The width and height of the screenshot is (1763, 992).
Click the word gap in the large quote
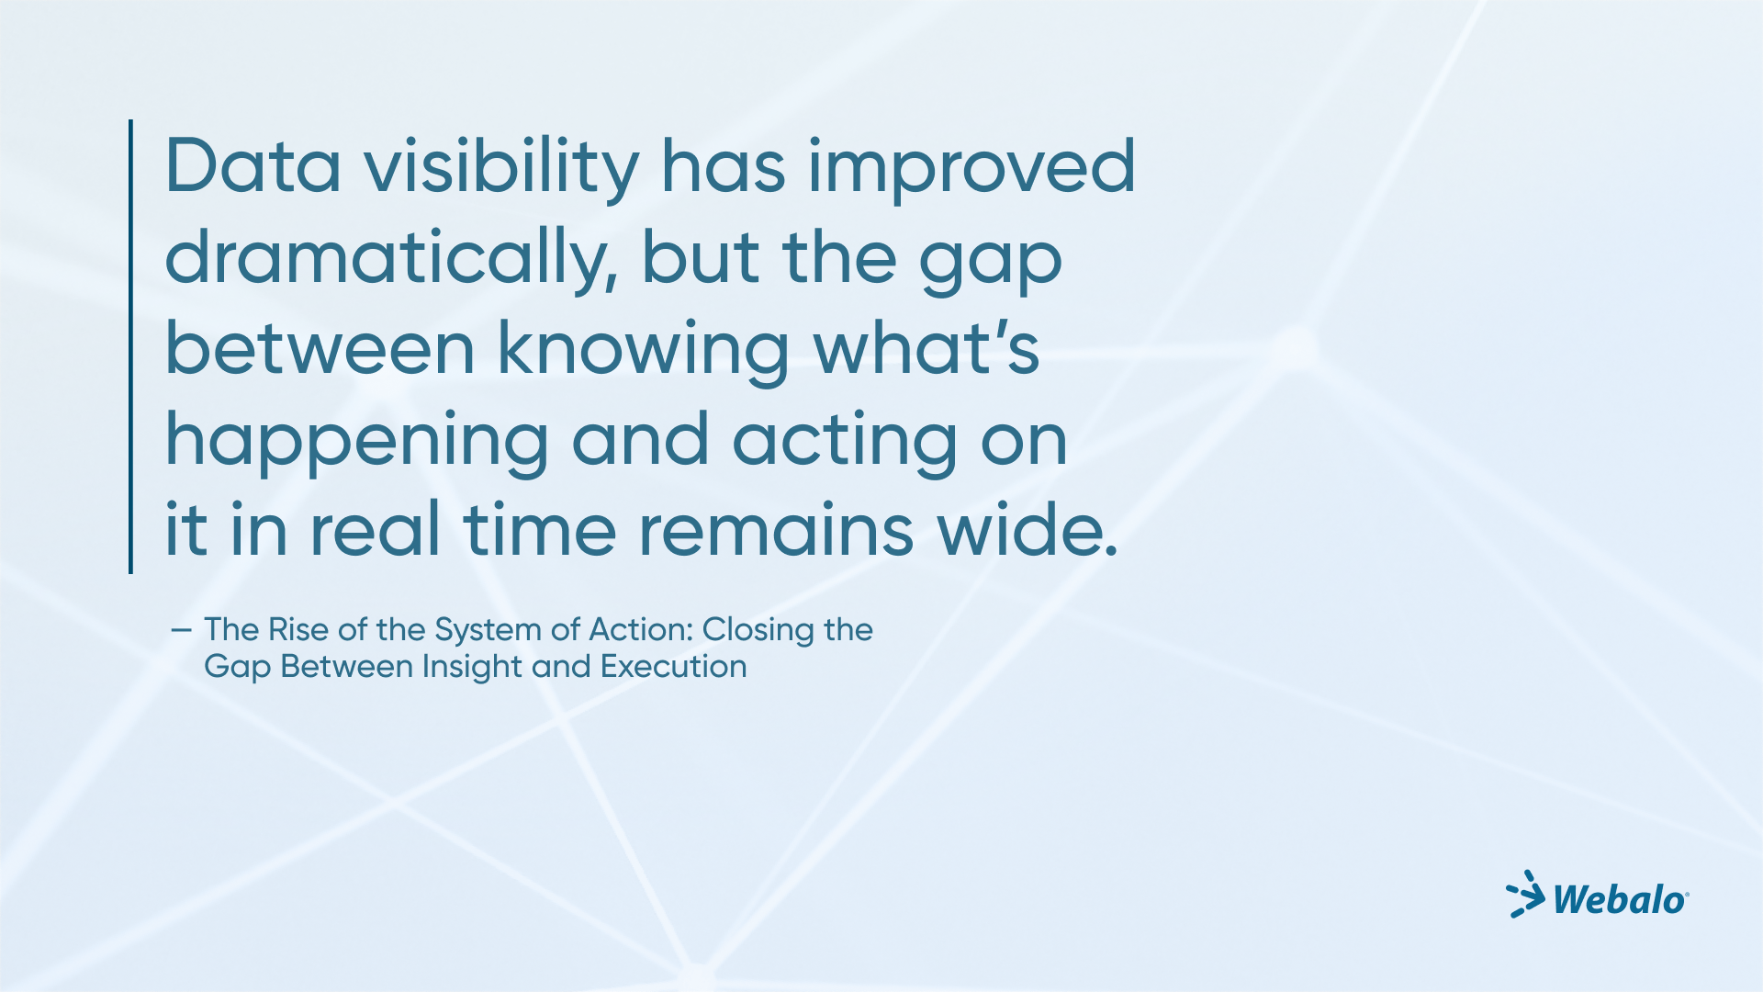point(991,266)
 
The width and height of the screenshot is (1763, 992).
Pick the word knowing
point(643,355)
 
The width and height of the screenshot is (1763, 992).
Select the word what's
point(926,348)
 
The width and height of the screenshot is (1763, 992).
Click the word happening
point(357,445)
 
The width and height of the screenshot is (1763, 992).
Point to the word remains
point(776,530)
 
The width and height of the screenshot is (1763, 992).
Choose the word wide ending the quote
point(1027,530)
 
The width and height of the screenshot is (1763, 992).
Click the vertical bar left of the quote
point(131,346)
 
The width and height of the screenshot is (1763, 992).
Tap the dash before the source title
point(181,630)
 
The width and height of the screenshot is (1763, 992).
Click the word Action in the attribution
point(641,630)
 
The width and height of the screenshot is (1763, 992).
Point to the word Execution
point(674,667)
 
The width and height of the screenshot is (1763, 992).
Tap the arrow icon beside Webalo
point(1525,894)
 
